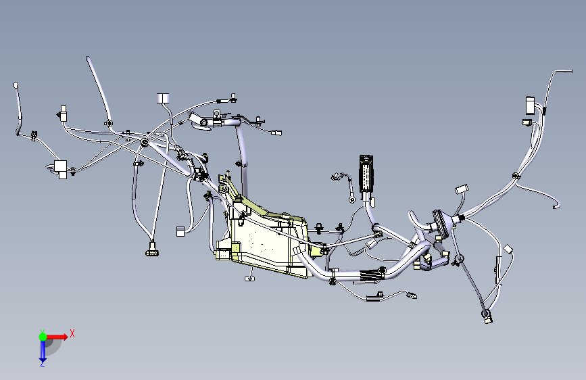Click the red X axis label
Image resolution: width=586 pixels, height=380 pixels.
click(x=72, y=333)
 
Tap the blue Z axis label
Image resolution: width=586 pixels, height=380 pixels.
click(x=43, y=363)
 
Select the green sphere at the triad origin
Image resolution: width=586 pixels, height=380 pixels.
click(x=43, y=337)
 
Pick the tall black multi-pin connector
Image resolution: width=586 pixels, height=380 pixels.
click(x=366, y=174)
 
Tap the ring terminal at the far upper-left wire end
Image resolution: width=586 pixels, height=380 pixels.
click(x=16, y=85)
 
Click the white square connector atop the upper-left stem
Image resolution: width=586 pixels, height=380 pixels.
click(x=163, y=98)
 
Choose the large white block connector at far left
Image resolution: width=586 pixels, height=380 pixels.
click(x=61, y=169)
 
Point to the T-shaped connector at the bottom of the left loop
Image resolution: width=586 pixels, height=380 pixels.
click(x=152, y=250)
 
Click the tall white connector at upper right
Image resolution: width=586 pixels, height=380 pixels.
click(x=530, y=105)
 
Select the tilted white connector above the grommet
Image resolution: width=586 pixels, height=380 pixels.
click(x=462, y=189)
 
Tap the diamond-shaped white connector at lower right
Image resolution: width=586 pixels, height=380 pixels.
click(x=508, y=249)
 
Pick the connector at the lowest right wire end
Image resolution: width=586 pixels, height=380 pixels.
click(x=487, y=318)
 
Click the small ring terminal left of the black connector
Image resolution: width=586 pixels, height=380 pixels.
click(x=351, y=199)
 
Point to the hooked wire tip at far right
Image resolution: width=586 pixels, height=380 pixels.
click(x=556, y=206)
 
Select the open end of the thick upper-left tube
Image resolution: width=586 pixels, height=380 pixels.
click(x=88, y=58)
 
